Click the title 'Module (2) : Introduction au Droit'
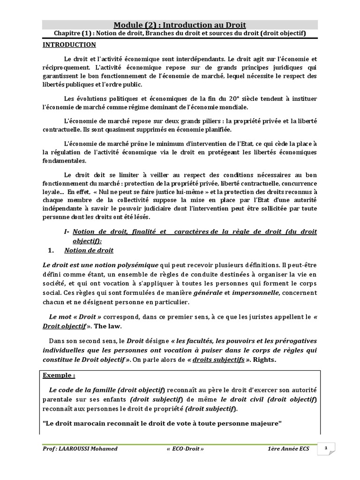pos(180,25)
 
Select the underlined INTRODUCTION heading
pos(69,45)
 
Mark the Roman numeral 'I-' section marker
pos(67,232)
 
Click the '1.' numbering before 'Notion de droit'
pos(52,250)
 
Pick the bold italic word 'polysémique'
pos(136,265)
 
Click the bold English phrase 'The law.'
pos(108,325)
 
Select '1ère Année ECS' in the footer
pos(289,449)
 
